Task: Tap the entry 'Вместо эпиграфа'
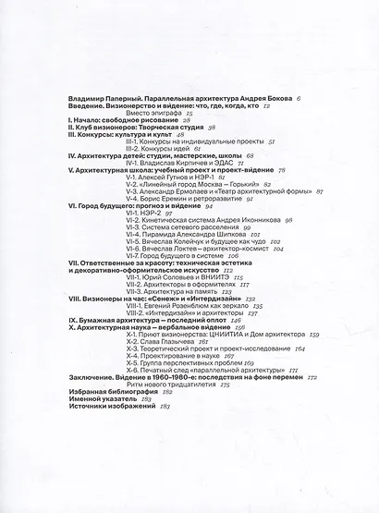click(x=140, y=113)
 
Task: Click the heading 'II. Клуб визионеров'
click(x=96, y=128)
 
